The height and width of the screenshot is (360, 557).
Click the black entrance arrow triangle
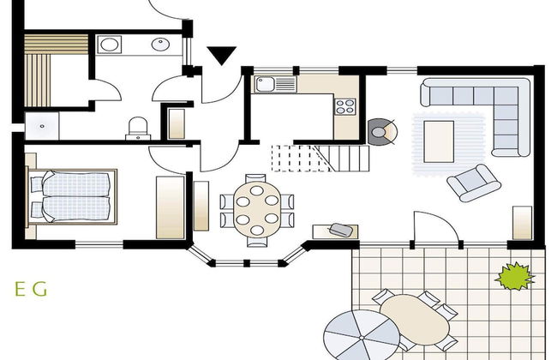(x=222, y=56)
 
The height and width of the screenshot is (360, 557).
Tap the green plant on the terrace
(x=514, y=276)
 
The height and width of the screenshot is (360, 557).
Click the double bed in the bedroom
(x=73, y=195)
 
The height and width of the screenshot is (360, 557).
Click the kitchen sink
(x=264, y=84)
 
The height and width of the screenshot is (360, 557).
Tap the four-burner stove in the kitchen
(x=345, y=106)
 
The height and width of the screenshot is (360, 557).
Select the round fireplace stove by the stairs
(x=381, y=130)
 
